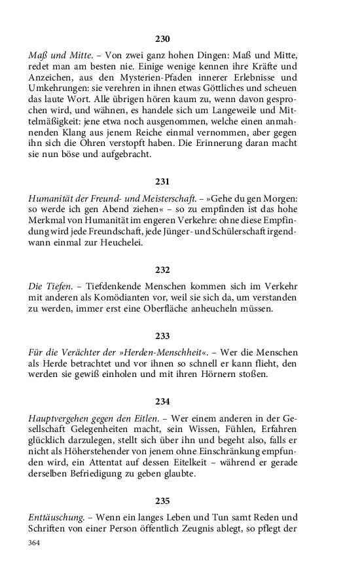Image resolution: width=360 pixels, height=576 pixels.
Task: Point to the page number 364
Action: click(35, 543)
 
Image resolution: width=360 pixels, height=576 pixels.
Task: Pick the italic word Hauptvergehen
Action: click(59, 417)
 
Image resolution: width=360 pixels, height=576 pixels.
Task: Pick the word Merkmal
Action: click(49, 221)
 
